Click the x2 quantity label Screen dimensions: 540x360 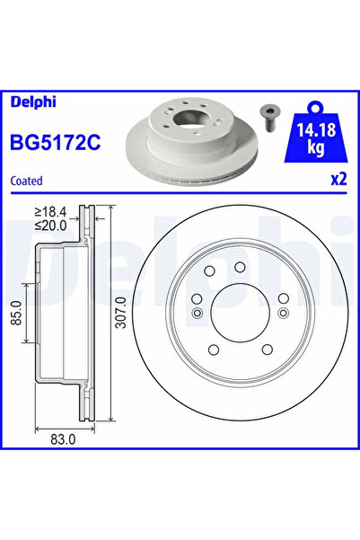coord(338,179)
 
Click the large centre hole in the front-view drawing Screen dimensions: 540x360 coord(239,312)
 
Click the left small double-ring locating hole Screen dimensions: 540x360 coord(198,313)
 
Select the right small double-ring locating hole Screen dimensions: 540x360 coord(281,313)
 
